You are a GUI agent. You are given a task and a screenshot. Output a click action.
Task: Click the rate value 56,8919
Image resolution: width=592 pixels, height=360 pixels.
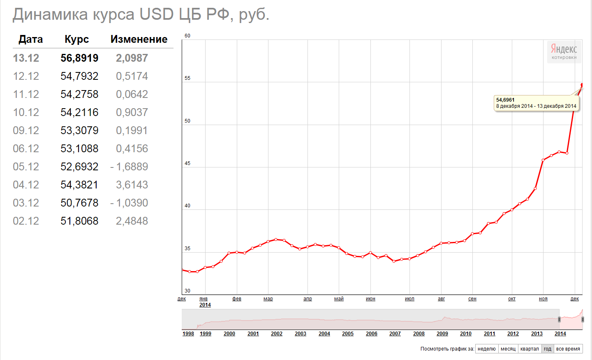[79, 58]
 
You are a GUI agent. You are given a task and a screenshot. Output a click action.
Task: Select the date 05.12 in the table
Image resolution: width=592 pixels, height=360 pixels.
[26, 167]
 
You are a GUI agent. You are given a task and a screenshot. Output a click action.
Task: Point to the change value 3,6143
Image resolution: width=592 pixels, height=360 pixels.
[132, 185]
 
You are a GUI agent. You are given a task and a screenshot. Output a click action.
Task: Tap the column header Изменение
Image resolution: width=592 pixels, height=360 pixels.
[139, 39]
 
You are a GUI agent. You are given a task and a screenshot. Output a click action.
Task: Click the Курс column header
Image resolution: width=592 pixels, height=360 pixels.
[76, 39]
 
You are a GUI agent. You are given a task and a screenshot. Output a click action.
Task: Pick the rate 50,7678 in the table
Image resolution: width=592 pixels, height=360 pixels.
[79, 203]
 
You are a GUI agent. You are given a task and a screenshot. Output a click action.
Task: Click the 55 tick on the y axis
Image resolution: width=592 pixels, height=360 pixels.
[187, 78]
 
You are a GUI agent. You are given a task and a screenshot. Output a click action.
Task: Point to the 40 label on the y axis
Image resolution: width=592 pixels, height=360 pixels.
[187, 206]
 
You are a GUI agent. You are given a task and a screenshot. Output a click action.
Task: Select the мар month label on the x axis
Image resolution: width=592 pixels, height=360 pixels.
[268, 299]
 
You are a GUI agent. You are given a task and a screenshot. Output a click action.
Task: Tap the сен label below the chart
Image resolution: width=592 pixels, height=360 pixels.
[472, 299]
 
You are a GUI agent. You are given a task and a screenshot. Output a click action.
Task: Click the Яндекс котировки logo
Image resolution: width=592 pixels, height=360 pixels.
[564, 51]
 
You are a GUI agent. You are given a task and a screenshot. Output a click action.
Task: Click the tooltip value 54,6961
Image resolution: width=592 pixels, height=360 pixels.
[505, 100]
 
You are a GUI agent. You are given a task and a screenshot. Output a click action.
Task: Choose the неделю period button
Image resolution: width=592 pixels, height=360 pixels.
[487, 349]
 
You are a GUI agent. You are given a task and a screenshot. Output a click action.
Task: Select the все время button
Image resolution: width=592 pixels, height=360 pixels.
[568, 349]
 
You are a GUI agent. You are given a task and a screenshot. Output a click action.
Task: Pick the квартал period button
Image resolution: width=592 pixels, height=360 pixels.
[530, 349]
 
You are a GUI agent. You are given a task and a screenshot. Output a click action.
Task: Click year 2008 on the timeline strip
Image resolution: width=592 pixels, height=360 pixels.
[419, 334]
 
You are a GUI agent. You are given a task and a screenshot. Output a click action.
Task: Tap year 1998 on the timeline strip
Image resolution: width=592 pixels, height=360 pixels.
[188, 334]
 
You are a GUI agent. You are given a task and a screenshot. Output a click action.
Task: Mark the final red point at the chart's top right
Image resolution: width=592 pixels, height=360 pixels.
[582, 85]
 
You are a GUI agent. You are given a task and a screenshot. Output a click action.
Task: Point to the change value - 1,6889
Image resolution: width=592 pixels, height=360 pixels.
[129, 167]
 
